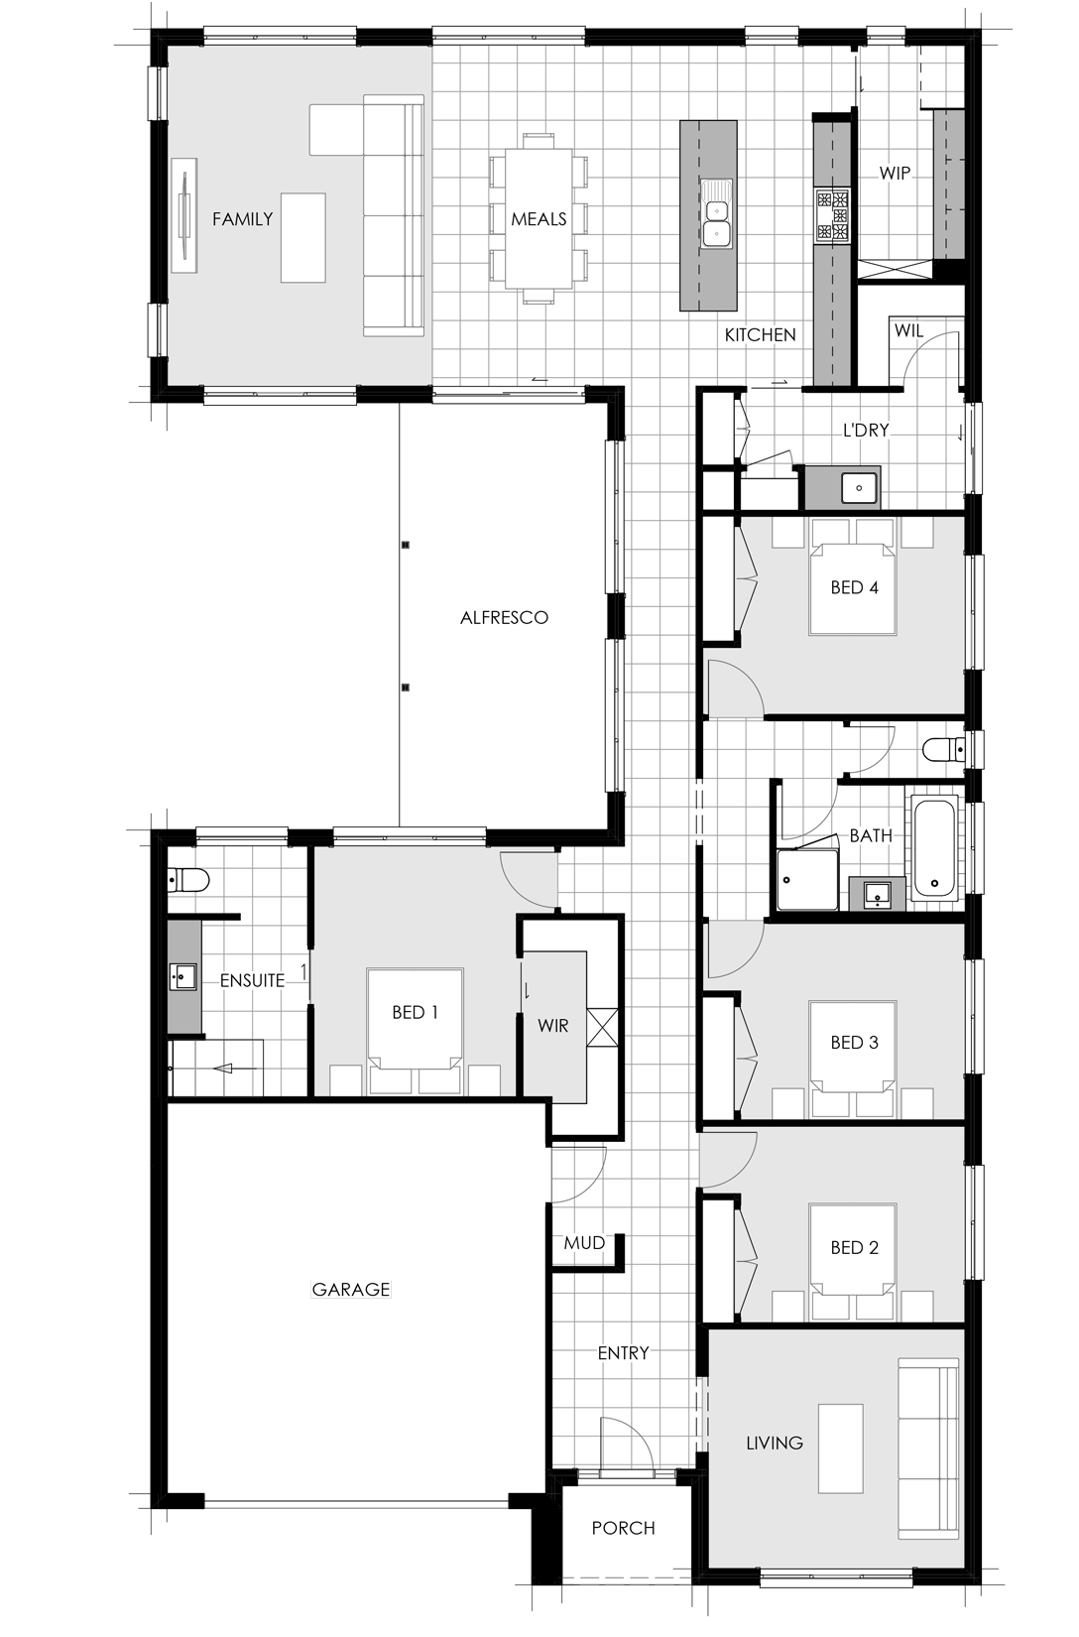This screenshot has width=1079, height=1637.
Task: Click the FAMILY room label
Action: [x=243, y=218]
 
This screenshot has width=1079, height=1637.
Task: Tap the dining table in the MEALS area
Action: [x=539, y=218]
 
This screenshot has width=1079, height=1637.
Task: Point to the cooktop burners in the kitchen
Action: [x=833, y=215]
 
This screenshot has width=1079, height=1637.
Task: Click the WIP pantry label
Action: [x=895, y=174]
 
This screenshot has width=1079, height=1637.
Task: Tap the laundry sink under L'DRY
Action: [x=859, y=487]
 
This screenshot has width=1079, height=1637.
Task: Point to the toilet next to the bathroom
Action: [x=943, y=750]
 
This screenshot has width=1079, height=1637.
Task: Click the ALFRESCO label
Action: [x=504, y=618]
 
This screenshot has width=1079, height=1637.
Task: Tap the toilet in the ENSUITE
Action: [x=187, y=881]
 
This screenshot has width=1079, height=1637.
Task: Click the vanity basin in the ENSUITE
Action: [x=182, y=976]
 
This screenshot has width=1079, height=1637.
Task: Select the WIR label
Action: [x=553, y=1026]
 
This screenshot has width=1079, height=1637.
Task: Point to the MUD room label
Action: [x=584, y=1243]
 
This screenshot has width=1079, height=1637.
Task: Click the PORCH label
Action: [x=623, y=1528]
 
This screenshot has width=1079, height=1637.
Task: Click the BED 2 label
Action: [x=854, y=1247]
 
